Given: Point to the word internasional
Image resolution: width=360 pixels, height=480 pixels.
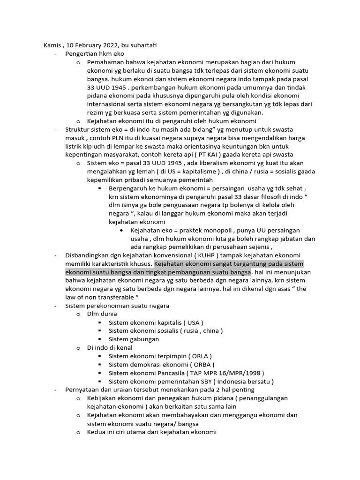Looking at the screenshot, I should (109, 104).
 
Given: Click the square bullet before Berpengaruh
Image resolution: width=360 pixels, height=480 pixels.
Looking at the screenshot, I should (100, 188).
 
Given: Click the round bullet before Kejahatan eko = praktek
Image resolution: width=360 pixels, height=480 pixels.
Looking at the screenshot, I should (122, 231).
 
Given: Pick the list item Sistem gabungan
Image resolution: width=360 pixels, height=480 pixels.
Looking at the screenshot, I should (134, 339).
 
